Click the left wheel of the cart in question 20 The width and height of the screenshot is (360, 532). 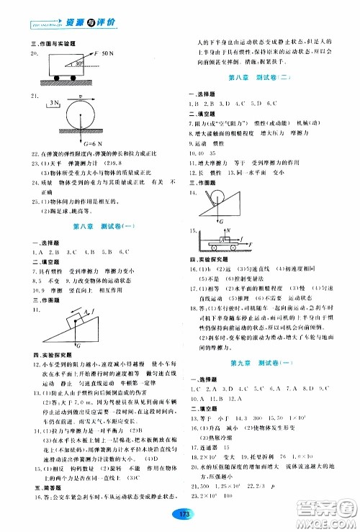coord(54,80)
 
